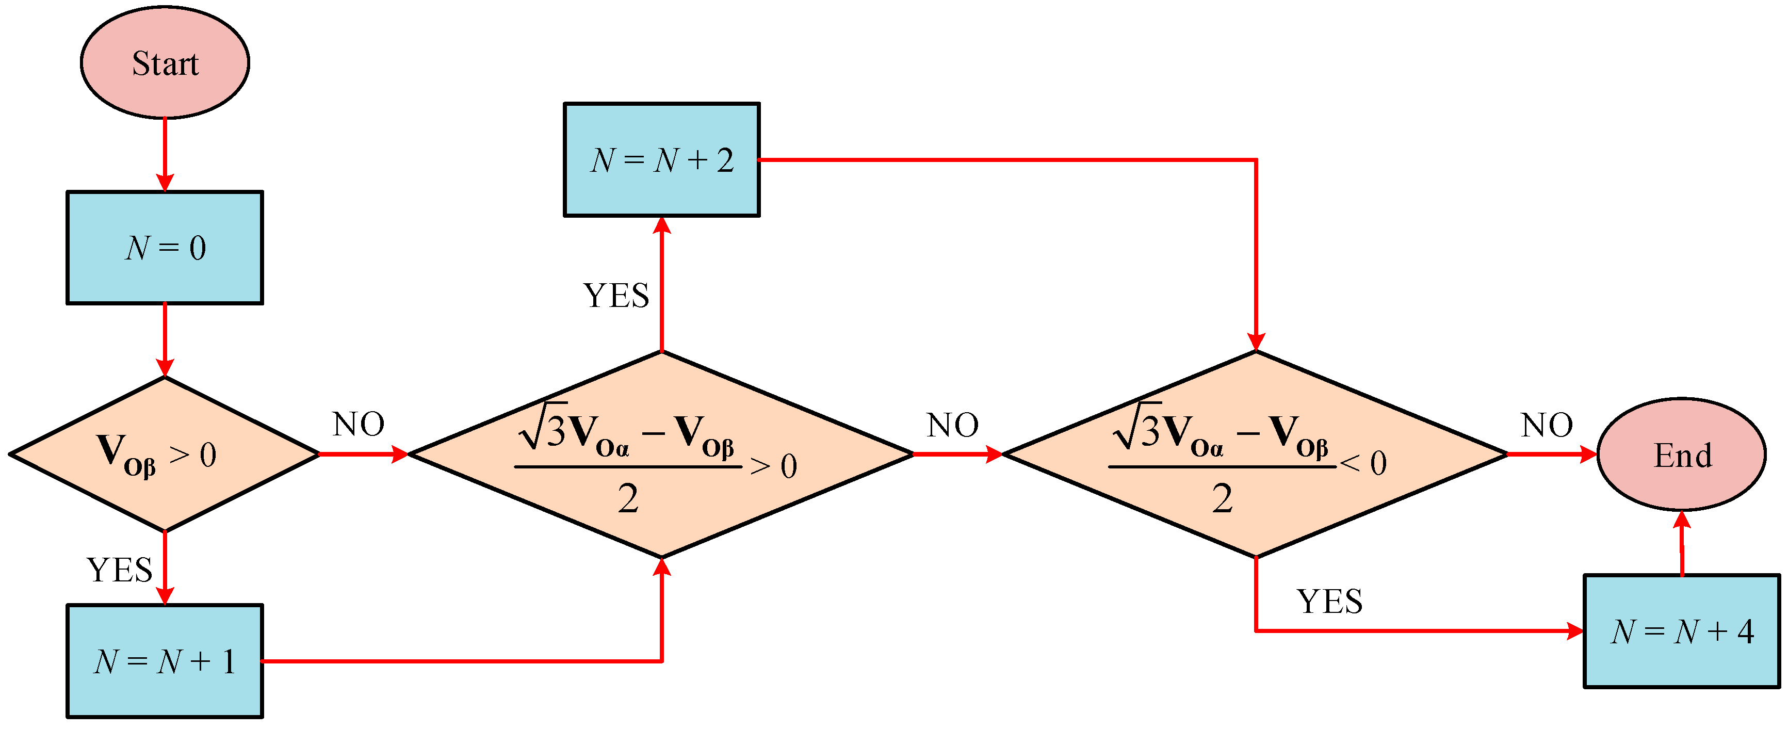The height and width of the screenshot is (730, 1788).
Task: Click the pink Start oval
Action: [x=165, y=62]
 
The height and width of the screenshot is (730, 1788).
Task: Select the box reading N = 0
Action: [x=165, y=247]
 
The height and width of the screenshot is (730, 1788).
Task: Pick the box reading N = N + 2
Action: [x=661, y=159]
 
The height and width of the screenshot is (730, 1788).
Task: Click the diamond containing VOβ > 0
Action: [x=165, y=454]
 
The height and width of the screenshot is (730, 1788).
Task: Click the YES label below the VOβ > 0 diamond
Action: [x=119, y=570]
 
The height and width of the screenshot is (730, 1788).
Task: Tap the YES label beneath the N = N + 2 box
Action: [x=615, y=296]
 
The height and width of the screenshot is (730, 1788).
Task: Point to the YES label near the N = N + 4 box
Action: [x=1329, y=601]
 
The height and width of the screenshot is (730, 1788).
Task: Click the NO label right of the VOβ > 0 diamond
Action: [x=358, y=424]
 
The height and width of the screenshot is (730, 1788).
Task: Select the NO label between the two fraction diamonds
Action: [x=952, y=425]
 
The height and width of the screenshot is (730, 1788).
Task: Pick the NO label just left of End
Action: [x=1547, y=425]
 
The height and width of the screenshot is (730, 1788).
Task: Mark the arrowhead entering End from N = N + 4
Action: [x=1681, y=521]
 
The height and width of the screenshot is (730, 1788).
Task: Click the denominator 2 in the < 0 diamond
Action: [x=1222, y=498]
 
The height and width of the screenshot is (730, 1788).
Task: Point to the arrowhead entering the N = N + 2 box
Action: [x=661, y=225]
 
